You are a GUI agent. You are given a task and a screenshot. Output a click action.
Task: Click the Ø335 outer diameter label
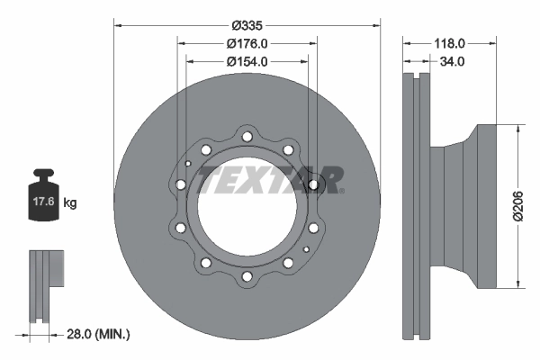pos(247,25)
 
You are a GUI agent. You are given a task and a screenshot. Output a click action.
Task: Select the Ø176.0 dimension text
pos(247,43)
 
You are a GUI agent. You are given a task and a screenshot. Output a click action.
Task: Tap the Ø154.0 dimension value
pos(247,61)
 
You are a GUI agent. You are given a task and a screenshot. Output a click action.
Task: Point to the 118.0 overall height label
pos(450,43)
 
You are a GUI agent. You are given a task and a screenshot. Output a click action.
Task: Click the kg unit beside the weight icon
pos(70,203)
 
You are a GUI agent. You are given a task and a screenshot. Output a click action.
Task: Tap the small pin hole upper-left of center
pos(188,164)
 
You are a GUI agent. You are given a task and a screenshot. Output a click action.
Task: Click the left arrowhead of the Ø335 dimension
pos(118,25)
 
